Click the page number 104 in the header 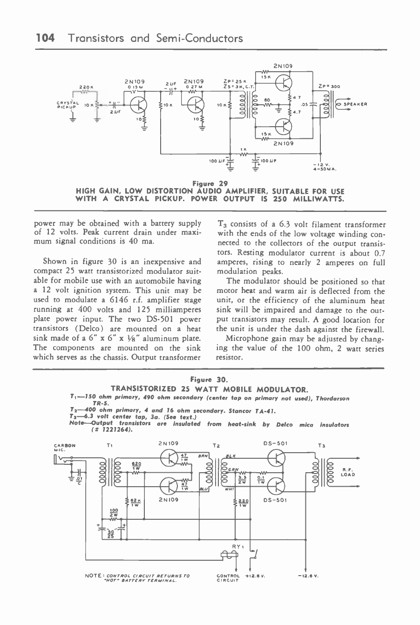[46, 38]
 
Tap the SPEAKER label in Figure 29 [356, 104]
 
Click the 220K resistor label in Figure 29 [87, 86]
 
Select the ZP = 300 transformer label [330, 86]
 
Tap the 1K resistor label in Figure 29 [243, 149]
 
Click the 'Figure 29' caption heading [210, 183]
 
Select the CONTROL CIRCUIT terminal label [228, 578]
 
